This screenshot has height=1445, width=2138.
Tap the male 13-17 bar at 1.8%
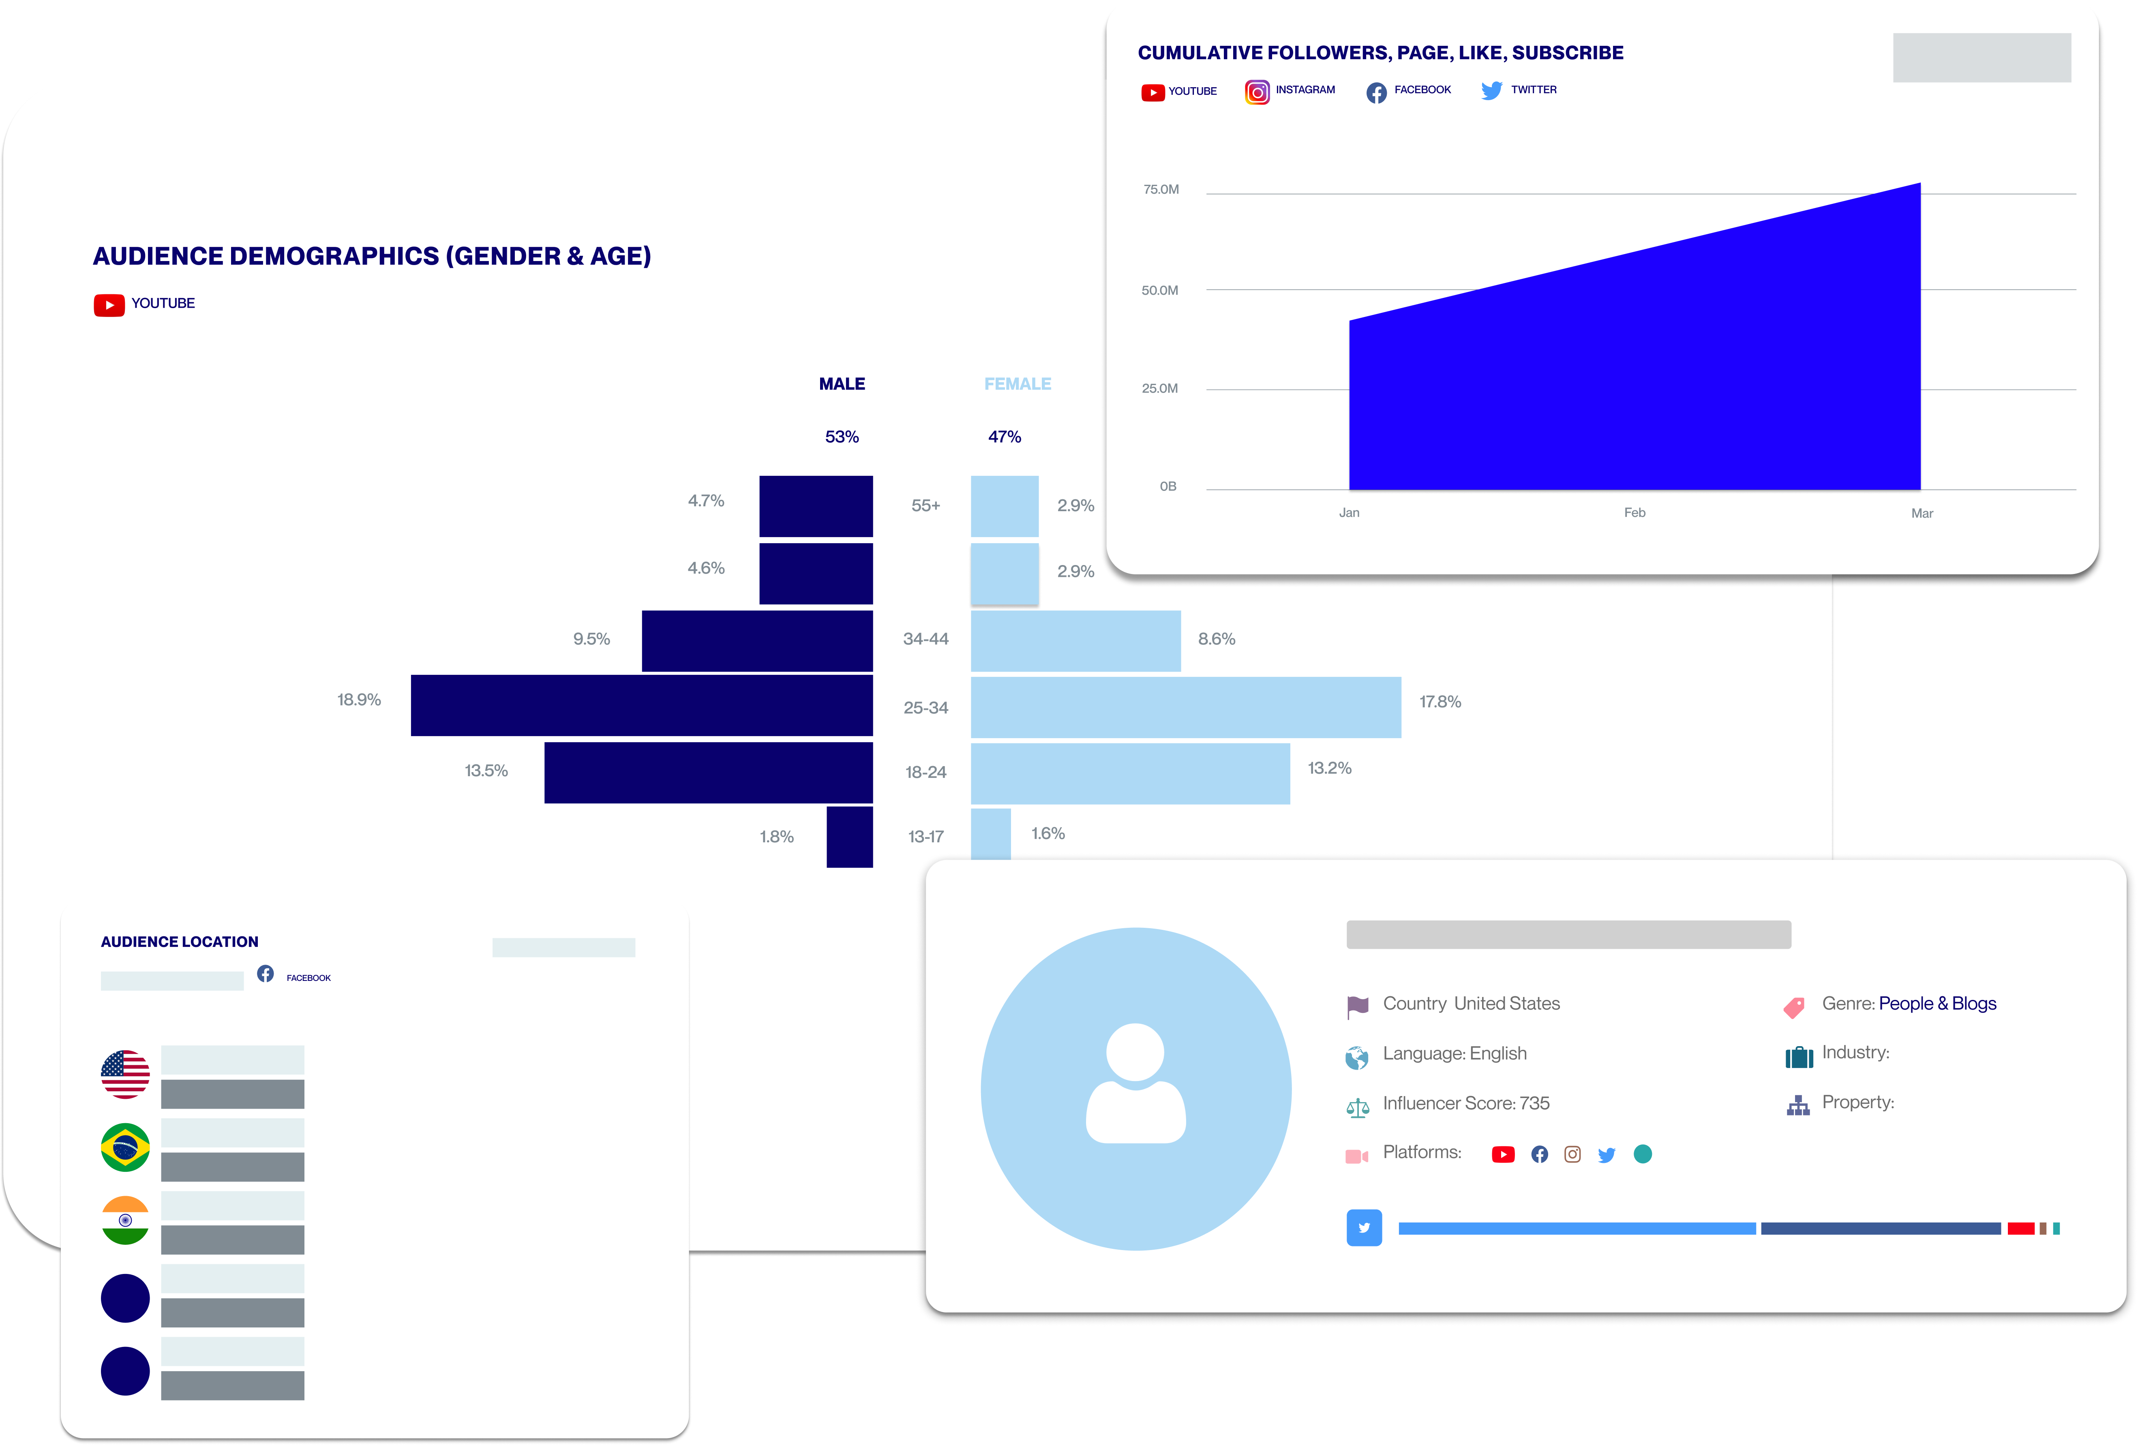[x=849, y=837]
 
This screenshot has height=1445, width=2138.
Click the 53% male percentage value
[x=842, y=437]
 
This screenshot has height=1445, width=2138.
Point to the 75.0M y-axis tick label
[x=1161, y=189]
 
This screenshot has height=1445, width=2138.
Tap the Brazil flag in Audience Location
[x=125, y=1147]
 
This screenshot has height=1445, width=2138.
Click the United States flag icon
[x=125, y=1074]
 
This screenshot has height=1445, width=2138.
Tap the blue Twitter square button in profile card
[x=1364, y=1228]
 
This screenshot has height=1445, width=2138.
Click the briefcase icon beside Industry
[x=1799, y=1057]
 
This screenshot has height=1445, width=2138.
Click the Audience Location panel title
[x=180, y=942]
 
